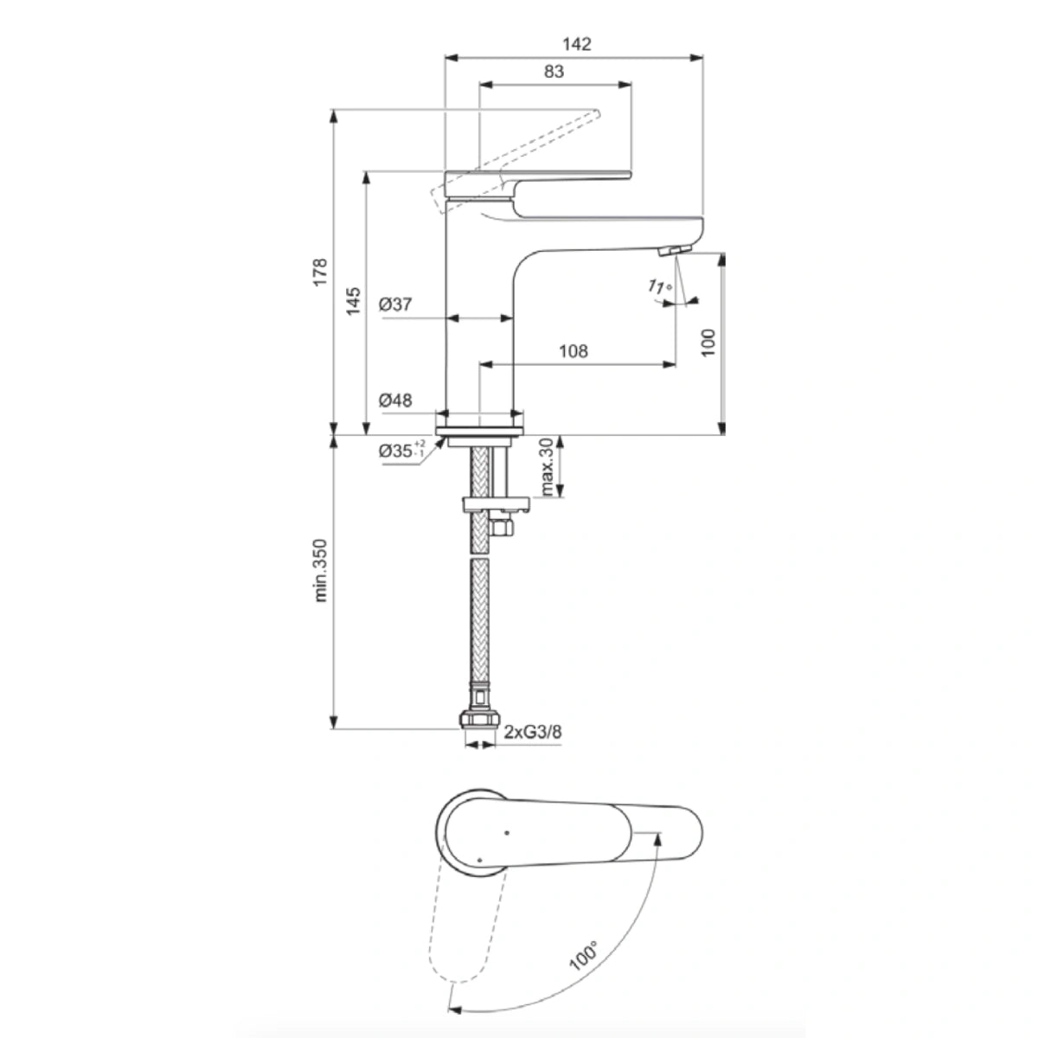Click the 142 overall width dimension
pos(577,44)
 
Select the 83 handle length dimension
pos(554,72)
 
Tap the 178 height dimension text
pos(321,272)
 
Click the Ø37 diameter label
pos(395,304)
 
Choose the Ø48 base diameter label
pos(395,400)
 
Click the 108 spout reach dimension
pos(573,350)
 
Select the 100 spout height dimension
pos(709,343)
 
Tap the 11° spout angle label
pos(659,287)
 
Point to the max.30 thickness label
pos(547,467)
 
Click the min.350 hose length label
pos(321,570)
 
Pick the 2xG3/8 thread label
pos(534,733)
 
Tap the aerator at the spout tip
pos(674,250)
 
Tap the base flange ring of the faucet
pos(480,432)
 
